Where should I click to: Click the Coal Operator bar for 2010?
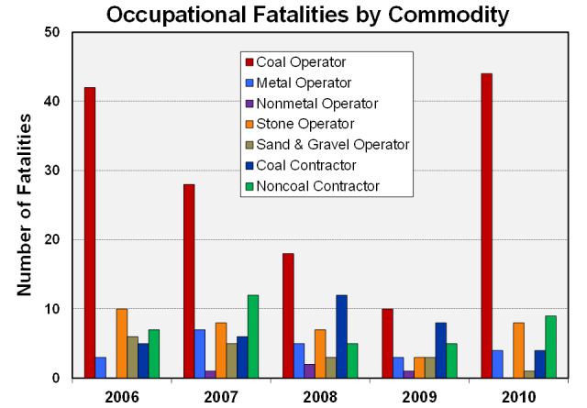click(x=486, y=226)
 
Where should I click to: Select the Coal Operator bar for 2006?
click(x=90, y=233)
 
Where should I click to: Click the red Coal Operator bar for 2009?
click(x=387, y=344)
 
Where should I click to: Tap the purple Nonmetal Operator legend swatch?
click(x=248, y=104)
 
